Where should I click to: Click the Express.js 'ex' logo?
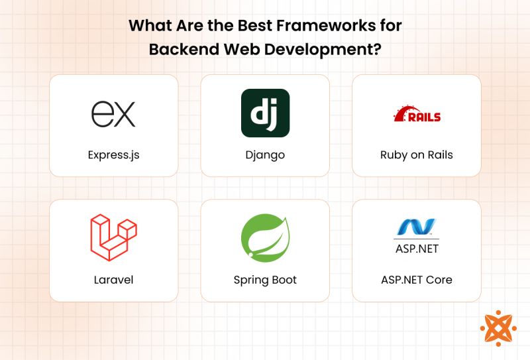tap(113, 113)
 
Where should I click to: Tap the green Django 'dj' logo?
tap(265, 113)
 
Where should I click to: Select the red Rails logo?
tap(417, 114)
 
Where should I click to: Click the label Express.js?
tap(113, 155)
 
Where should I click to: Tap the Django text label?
tap(265, 155)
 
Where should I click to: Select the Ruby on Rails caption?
tap(417, 155)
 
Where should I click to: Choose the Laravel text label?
tap(113, 280)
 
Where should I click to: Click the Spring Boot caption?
tap(265, 280)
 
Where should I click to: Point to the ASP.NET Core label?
tap(417, 280)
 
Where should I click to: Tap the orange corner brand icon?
tap(496, 328)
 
